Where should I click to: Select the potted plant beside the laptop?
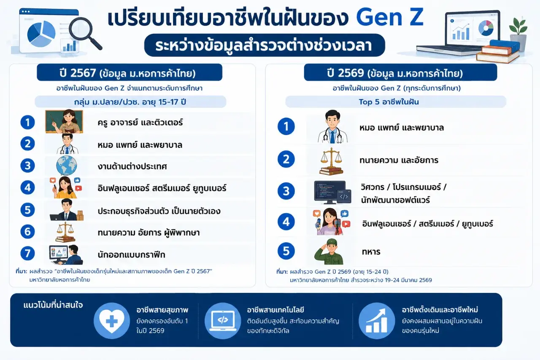coord(518,34)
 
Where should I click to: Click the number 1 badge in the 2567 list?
coord(27,122)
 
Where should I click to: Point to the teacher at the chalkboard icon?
coord(64,122)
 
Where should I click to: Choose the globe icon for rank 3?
coord(66,165)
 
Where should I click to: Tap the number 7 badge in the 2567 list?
coord(27,253)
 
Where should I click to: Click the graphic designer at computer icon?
coord(66,254)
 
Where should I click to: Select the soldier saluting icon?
coord(329,252)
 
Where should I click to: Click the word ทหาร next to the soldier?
coord(371,252)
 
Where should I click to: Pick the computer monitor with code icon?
coord(332,192)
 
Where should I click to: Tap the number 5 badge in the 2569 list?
coord(286,251)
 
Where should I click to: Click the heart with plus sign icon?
coord(112,321)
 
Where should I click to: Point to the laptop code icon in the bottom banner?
coord(223,321)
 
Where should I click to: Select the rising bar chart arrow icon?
coord(377,321)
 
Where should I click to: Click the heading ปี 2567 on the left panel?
coord(78,73)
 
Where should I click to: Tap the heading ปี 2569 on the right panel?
coord(345,73)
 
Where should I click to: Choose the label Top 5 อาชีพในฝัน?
coord(389,102)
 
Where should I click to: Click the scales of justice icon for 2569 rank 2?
coord(331,161)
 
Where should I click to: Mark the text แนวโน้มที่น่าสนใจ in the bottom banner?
coord(53,305)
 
